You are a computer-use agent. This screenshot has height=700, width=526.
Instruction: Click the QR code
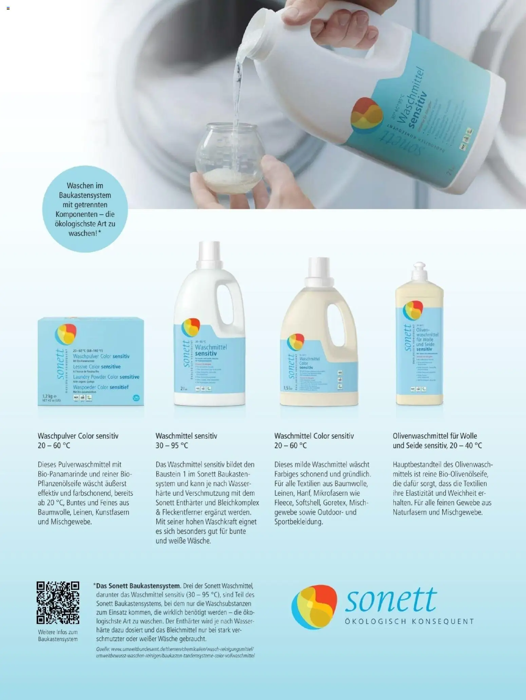coord(58,602)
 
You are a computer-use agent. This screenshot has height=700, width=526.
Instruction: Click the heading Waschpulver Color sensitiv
coord(78,436)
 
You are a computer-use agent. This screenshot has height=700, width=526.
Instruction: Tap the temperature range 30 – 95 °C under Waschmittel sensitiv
coord(172,445)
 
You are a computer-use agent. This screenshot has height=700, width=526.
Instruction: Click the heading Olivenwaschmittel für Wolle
coord(435,436)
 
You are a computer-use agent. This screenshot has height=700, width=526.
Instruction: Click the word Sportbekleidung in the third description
coord(299,522)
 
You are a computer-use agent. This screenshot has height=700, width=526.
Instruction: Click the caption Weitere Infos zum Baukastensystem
coord(58,636)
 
